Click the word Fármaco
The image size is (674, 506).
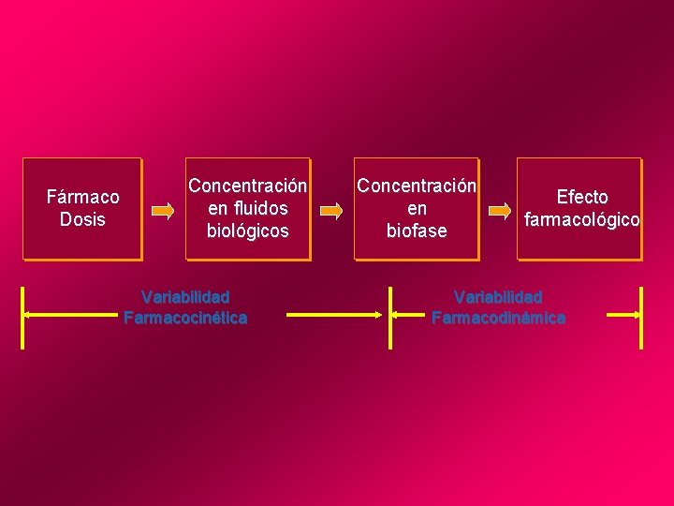tap(83, 197)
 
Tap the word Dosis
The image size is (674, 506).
tap(82, 219)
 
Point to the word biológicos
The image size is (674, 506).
tap(248, 231)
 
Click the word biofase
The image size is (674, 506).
tap(417, 231)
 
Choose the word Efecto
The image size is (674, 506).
tap(582, 197)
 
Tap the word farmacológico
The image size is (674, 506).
tap(582, 220)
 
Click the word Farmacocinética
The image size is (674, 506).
tap(185, 318)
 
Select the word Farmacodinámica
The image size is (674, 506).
tap(498, 318)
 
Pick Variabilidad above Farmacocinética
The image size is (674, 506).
tap(185, 297)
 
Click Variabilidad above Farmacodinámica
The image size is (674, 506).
tap(498, 297)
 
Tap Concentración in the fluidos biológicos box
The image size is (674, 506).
tap(248, 186)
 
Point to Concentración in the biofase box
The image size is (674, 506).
tap(417, 186)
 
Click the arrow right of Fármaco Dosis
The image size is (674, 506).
tap(163, 212)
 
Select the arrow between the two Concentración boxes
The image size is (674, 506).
tap(331, 212)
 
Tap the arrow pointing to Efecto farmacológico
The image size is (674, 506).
tap(502, 212)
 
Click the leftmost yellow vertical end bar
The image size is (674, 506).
tap(23, 317)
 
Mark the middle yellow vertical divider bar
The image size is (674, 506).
tap(389, 317)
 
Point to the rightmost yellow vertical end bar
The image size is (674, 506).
tap(641, 317)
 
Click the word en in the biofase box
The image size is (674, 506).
tap(417, 208)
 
